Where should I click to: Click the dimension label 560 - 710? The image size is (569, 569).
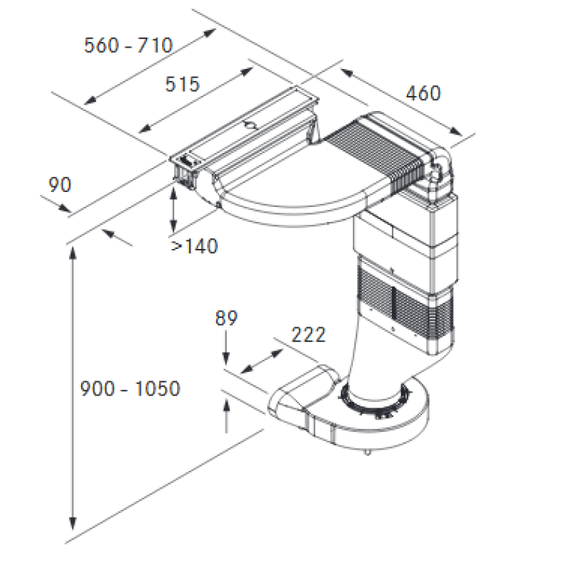pos(129,46)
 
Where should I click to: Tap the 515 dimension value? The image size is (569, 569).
pos(182,84)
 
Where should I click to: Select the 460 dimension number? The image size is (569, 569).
pos(423,93)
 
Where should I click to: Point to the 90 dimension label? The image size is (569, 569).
pos(60,185)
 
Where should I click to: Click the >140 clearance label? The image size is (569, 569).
pos(194,246)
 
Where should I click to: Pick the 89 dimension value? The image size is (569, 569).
pos(226,318)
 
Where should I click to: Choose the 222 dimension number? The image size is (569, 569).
pos(309,334)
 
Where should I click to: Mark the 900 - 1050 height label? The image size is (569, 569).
pos(130,388)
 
